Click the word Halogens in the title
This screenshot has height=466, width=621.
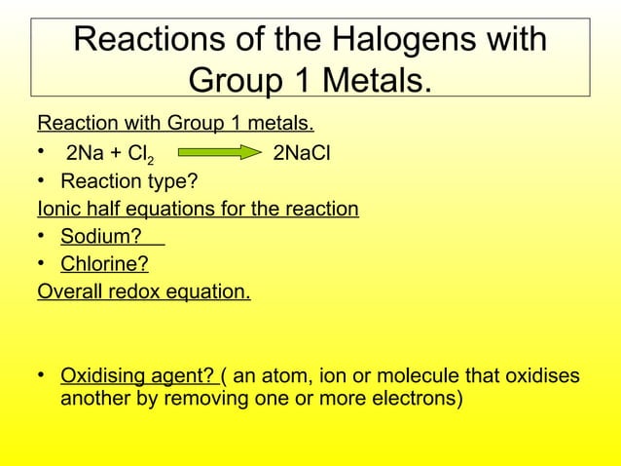(x=409, y=40)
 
